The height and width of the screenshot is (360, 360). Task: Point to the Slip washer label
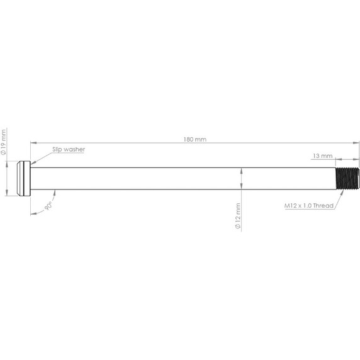point(68,149)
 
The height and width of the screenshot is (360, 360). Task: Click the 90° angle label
point(48,206)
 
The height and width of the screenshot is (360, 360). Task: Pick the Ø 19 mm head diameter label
point(4,142)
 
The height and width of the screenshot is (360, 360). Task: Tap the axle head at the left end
point(23,178)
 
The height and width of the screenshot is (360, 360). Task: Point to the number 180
point(190,139)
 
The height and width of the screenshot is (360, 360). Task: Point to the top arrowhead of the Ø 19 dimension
point(8,162)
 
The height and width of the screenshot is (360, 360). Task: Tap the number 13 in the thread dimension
point(316,154)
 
